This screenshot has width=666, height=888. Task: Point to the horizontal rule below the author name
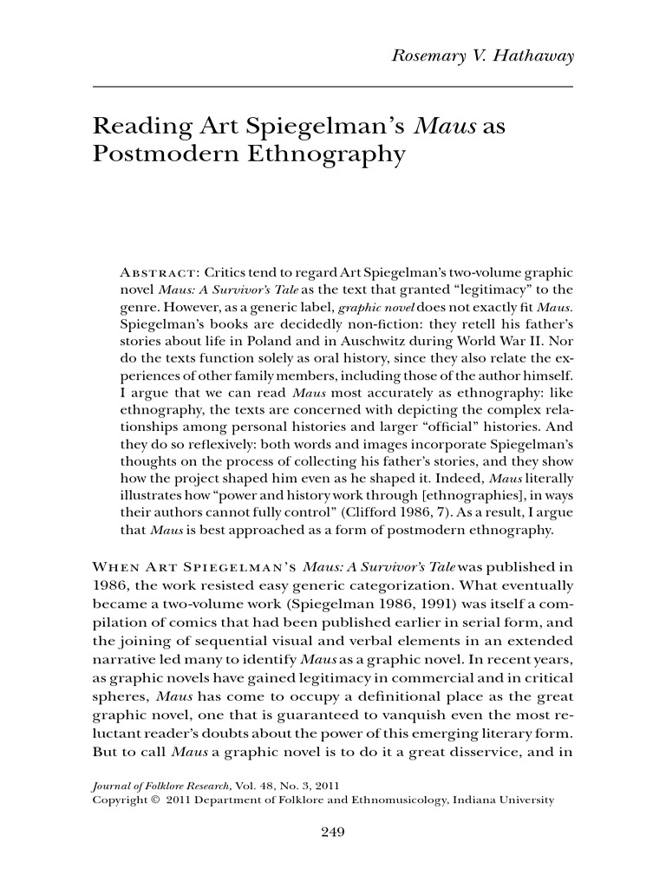click(x=332, y=88)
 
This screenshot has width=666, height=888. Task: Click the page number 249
click(x=333, y=833)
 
